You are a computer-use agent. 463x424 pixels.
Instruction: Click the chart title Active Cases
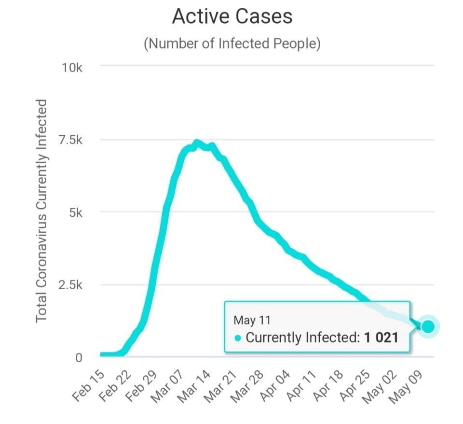(232, 17)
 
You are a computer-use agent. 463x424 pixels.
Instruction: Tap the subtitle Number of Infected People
(232, 43)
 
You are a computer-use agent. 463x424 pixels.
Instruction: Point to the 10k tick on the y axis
(72, 68)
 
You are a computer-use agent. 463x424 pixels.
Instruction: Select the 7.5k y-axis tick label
(70, 141)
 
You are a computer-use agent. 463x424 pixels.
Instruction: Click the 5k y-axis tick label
(76, 213)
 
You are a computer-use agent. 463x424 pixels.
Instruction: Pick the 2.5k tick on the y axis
(70, 285)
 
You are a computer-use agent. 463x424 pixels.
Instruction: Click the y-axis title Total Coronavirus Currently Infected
(42, 211)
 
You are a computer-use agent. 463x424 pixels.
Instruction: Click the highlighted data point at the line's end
(427, 327)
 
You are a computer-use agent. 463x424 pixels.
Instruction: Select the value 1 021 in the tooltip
(381, 337)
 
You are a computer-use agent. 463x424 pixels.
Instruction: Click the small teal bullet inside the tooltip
(238, 338)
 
